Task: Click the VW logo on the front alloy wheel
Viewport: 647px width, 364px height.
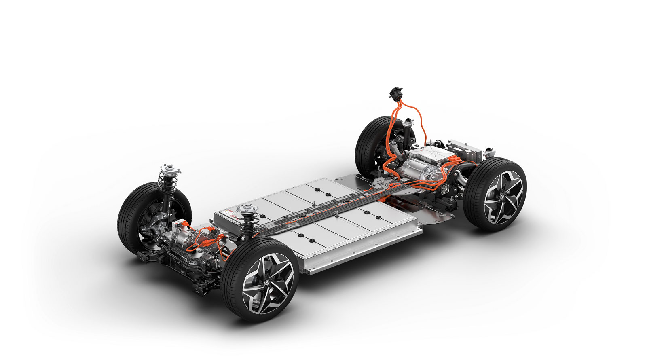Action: [x=267, y=283]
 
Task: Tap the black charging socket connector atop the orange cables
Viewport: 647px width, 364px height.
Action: [x=395, y=93]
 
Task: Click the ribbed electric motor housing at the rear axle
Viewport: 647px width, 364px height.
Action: [x=421, y=170]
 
